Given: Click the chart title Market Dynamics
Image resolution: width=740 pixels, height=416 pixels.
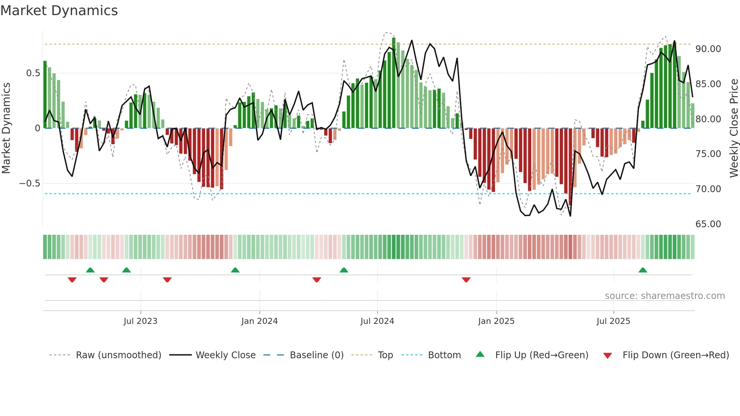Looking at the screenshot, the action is [59, 11].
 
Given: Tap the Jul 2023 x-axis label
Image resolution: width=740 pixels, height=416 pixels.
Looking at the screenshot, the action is [140, 321].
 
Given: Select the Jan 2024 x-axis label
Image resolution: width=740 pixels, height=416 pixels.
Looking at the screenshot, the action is [259, 321].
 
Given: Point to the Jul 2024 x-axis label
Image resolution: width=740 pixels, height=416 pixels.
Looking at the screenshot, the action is [377, 321].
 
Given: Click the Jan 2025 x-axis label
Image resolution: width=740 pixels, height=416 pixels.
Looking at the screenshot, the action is [496, 321].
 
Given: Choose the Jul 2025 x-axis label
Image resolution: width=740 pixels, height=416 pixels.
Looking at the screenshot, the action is [613, 321].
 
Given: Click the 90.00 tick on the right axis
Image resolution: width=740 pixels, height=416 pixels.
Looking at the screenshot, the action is [708, 49].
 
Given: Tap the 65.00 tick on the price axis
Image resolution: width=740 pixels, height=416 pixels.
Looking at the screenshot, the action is [708, 224].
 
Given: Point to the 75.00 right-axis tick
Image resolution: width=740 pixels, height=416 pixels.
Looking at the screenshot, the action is [708, 154].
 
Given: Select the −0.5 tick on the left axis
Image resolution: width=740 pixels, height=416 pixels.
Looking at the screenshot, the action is [29, 183].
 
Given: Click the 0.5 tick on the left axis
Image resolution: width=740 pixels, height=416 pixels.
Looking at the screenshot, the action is [33, 73].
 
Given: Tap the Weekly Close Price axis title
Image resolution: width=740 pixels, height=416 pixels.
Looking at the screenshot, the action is [734, 128].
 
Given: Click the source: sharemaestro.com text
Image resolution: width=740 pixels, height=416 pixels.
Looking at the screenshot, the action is [664, 296].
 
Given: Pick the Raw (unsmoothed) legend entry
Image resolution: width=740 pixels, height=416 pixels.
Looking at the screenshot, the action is [118, 355].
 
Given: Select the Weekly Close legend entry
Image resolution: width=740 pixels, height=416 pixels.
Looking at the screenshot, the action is [225, 355].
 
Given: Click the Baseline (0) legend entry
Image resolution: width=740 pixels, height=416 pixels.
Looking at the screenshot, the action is [316, 355].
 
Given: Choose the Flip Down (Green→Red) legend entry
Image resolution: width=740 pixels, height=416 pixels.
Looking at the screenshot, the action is [675, 355].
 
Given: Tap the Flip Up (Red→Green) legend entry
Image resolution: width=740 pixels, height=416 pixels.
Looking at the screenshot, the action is [541, 355].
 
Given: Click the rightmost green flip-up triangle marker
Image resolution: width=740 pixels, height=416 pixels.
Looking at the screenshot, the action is [643, 270].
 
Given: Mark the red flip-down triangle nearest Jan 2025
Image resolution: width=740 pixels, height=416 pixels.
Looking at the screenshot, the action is [466, 280].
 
